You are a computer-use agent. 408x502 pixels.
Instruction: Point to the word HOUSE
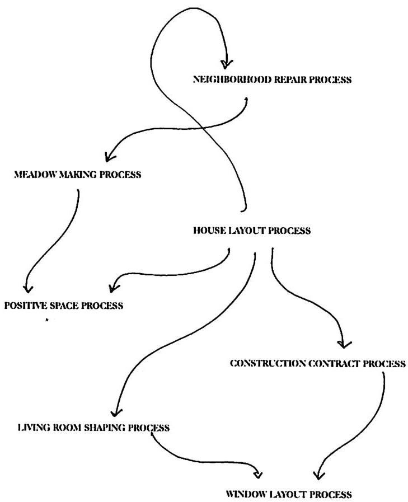click(x=209, y=231)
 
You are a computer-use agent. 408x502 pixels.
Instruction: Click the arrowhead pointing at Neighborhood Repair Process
click(x=227, y=63)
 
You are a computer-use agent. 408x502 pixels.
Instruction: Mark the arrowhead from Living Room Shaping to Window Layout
click(x=259, y=475)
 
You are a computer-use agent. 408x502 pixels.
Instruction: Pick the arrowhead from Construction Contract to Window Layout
click(x=317, y=475)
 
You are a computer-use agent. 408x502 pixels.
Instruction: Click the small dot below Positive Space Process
click(x=47, y=320)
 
